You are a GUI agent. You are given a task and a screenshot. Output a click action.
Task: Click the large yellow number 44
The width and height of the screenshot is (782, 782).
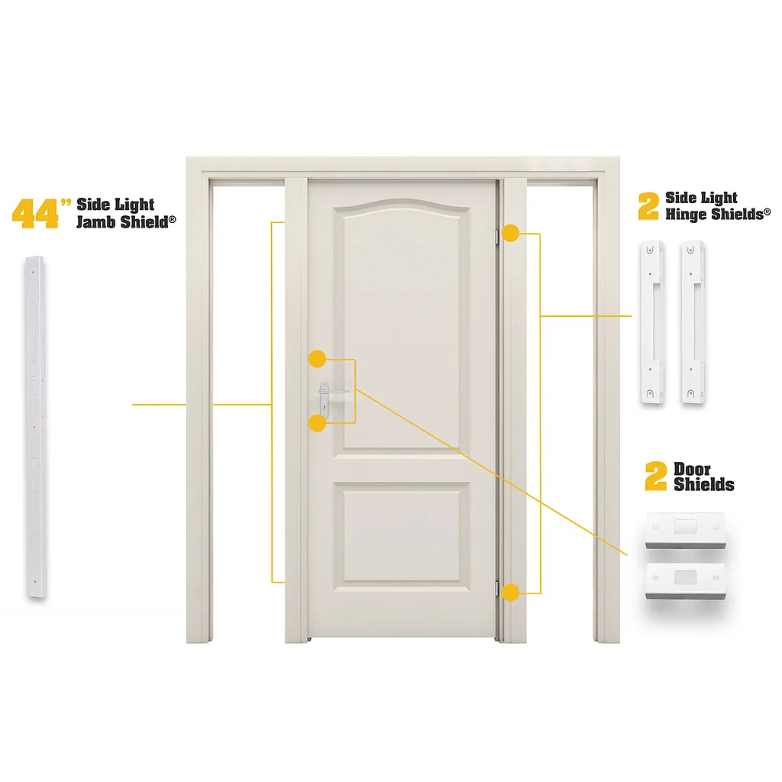pyautogui.click(x=35, y=213)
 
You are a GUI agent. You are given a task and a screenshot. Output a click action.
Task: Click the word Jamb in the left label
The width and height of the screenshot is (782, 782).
pyautogui.click(x=96, y=223)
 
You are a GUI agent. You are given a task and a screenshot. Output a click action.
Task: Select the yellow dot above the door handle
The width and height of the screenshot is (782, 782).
pyautogui.click(x=317, y=358)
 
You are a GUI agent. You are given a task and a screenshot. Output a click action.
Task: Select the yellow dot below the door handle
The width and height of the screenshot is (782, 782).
pyautogui.click(x=317, y=423)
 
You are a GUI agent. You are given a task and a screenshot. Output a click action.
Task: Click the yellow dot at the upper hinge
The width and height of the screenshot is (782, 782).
pyautogui.click(x=510, y=233)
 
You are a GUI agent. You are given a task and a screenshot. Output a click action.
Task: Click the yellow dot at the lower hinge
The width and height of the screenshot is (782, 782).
pyautogui.click(x=510, y=590)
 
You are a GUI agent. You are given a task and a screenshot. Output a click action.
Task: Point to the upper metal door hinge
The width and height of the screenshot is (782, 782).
pyautogui.click(x=497, y=235)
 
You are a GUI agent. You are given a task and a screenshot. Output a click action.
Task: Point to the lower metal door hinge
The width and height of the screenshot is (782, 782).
pyautogui.click(x=497, y=589)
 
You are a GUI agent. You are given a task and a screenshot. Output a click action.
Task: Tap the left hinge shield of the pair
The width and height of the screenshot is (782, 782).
pyautogui.click(x=651, y=322)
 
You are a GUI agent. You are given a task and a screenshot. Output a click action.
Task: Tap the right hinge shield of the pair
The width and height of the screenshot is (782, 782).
pyautogui.click(x=693, y=322)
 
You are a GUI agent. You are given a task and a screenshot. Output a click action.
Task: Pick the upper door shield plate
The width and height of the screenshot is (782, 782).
pyautogui.click(x=684, y=530)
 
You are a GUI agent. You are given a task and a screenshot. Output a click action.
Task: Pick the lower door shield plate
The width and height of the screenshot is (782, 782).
pyautogui.click(x=685, y=580)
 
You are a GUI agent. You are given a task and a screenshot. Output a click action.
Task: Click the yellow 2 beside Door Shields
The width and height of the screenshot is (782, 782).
pyautogui.click(x=655, y=477)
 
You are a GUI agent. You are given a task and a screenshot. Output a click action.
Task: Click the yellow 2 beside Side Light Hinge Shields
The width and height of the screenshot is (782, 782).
pyautogui.click(x=648, y=206)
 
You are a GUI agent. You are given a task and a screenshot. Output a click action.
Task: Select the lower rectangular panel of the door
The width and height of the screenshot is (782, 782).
pyautogui.click(x=402, y=537)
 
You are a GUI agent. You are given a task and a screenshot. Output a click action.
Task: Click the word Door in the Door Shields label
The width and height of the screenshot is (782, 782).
pyautogui.click(x=692, y=469)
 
